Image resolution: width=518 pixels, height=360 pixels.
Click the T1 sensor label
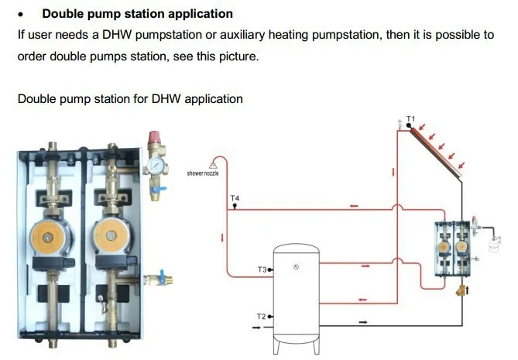(410, 118)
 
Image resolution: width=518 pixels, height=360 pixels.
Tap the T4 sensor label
(235, 198)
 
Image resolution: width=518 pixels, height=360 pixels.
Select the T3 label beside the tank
(262, 269)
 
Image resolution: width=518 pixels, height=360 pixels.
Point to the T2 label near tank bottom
(261, 317)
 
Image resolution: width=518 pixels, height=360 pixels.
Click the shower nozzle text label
(203, 173)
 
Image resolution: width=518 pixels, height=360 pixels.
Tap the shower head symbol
(213, 165)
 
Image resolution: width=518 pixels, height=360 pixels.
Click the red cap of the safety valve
(155, 137)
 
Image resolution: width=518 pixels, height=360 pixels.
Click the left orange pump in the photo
(47, 236)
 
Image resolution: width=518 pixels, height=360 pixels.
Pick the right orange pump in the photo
(111, 235)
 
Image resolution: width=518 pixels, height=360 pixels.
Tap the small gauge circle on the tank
(296, 267)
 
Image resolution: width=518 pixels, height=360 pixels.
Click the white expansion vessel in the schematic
(494, 244)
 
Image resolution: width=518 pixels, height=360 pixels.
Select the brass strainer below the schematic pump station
(461, 290)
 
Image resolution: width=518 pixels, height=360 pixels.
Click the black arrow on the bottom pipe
(363, 322)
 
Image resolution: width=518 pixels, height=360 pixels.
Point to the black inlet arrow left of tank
(256, 327)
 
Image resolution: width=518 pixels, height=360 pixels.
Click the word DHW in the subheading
(165, 99)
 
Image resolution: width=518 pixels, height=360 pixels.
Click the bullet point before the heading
(21, 15)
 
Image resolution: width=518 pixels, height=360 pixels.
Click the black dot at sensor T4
(235, 205)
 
